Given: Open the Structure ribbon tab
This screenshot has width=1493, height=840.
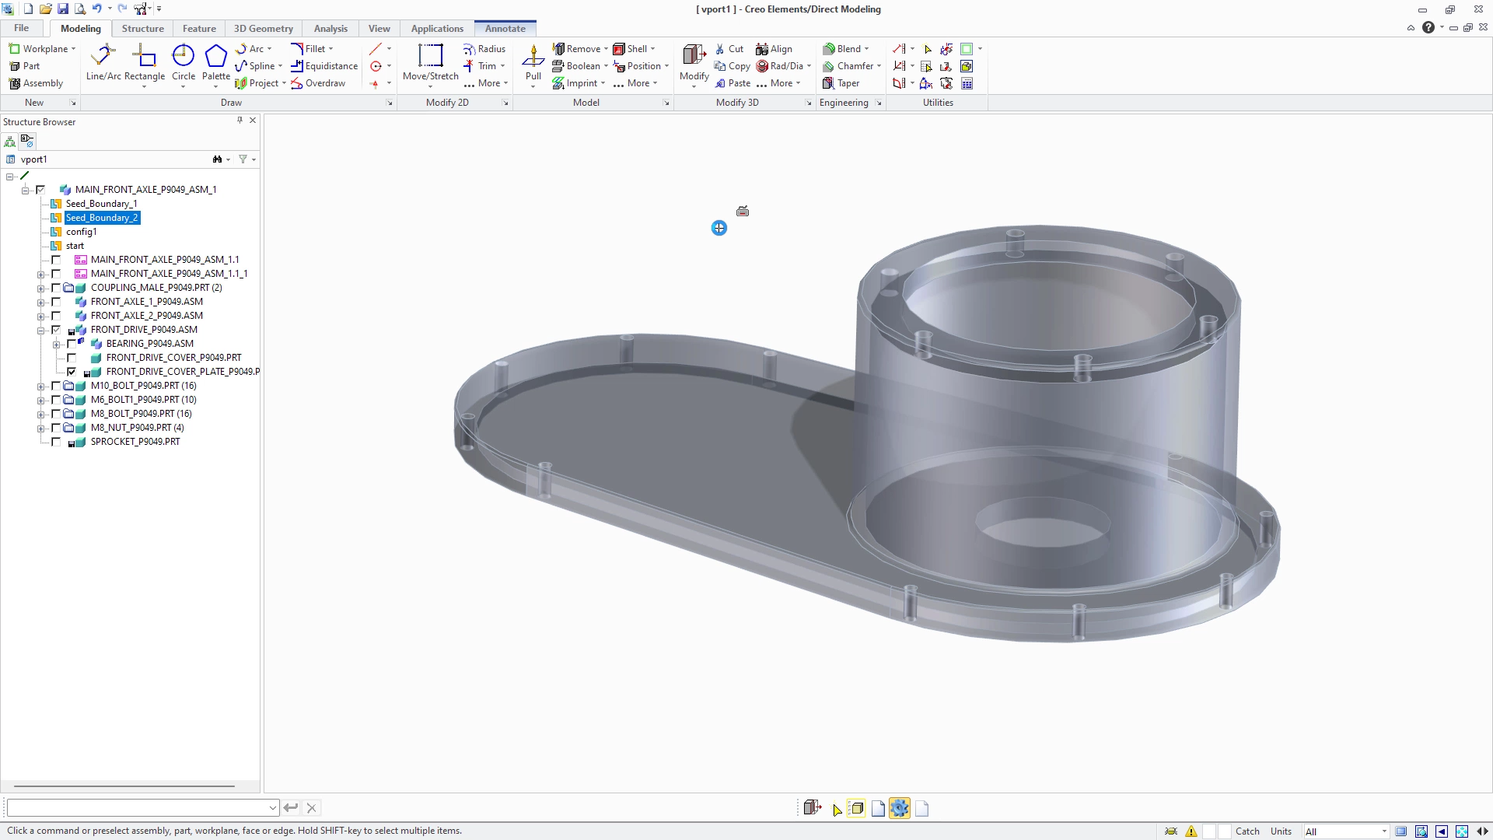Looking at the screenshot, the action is (x=143, y=29).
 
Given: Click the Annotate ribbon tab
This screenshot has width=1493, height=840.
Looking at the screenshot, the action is (x=505, y=29).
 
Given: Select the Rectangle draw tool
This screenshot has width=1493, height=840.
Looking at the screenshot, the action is (x=145, y=62).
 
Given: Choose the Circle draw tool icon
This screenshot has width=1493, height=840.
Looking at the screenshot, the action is (x=184, y=56).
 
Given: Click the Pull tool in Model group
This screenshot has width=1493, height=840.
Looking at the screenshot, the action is (x=533, y=62).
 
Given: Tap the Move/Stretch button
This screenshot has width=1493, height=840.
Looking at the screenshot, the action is (x=431, y=62).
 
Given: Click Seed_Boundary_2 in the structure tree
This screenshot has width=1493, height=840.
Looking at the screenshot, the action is (x=102, y=218).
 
